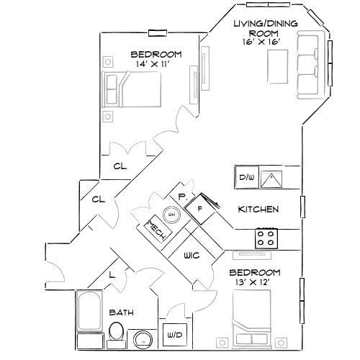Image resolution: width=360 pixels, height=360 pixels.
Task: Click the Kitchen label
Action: [258, 210]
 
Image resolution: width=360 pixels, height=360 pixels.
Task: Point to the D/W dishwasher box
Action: [246, 176]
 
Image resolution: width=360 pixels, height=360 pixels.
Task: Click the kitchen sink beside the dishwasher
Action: [271, 176]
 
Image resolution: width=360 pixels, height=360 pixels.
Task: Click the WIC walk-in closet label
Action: [191, 256]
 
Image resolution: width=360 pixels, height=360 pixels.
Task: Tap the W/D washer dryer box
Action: [174, 336]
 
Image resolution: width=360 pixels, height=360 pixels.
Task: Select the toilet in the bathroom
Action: [115, 332]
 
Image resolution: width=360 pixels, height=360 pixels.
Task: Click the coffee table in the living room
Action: [277, 66]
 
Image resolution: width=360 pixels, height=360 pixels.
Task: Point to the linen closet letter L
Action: [112, 275]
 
